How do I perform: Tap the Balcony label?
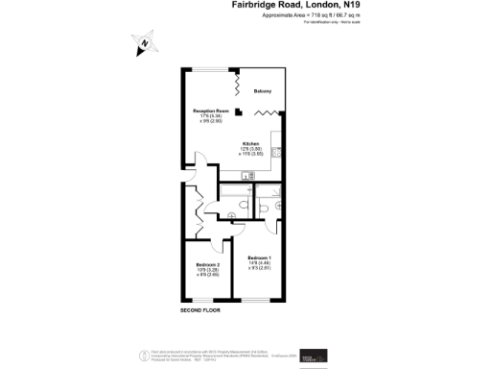coord(264,91)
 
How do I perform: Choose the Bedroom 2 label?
coord(208,264)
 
